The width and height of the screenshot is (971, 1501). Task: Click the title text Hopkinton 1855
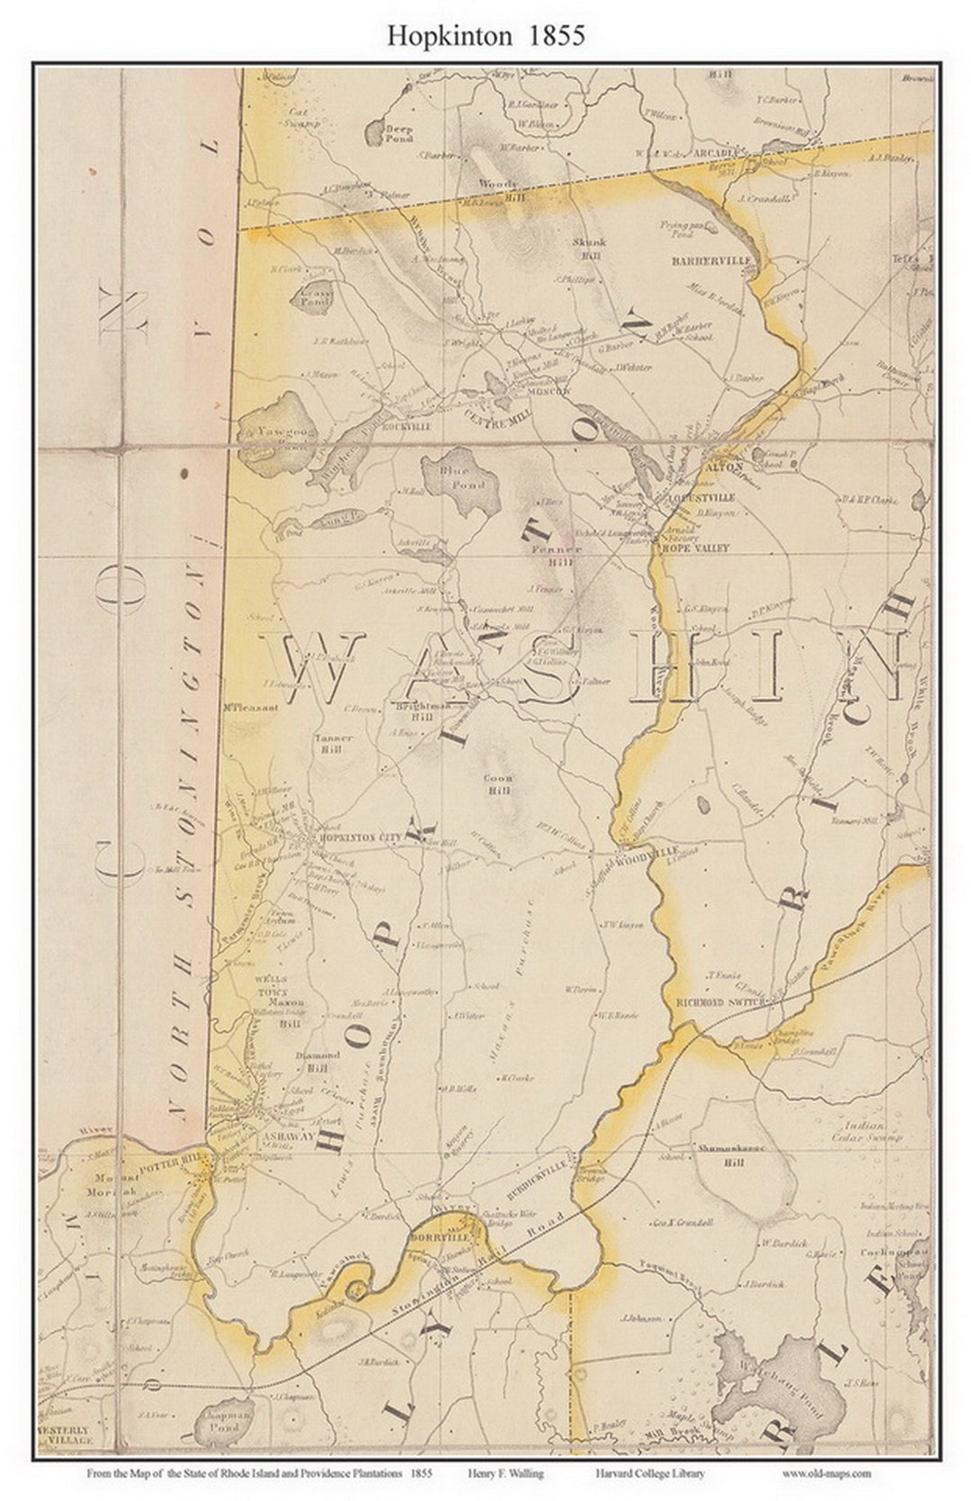pyautogui.click(x=485, y=35)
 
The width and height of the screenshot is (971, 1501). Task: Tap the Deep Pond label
pyautogui.click(x=398, y=135)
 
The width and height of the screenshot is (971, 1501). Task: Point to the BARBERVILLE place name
pyautogui.click(x=716, y=262)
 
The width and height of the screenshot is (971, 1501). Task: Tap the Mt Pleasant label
pyautogui.click(x=250, y=707)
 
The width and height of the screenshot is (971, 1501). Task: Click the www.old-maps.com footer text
pyautogui.click(x=826, y=1473)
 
